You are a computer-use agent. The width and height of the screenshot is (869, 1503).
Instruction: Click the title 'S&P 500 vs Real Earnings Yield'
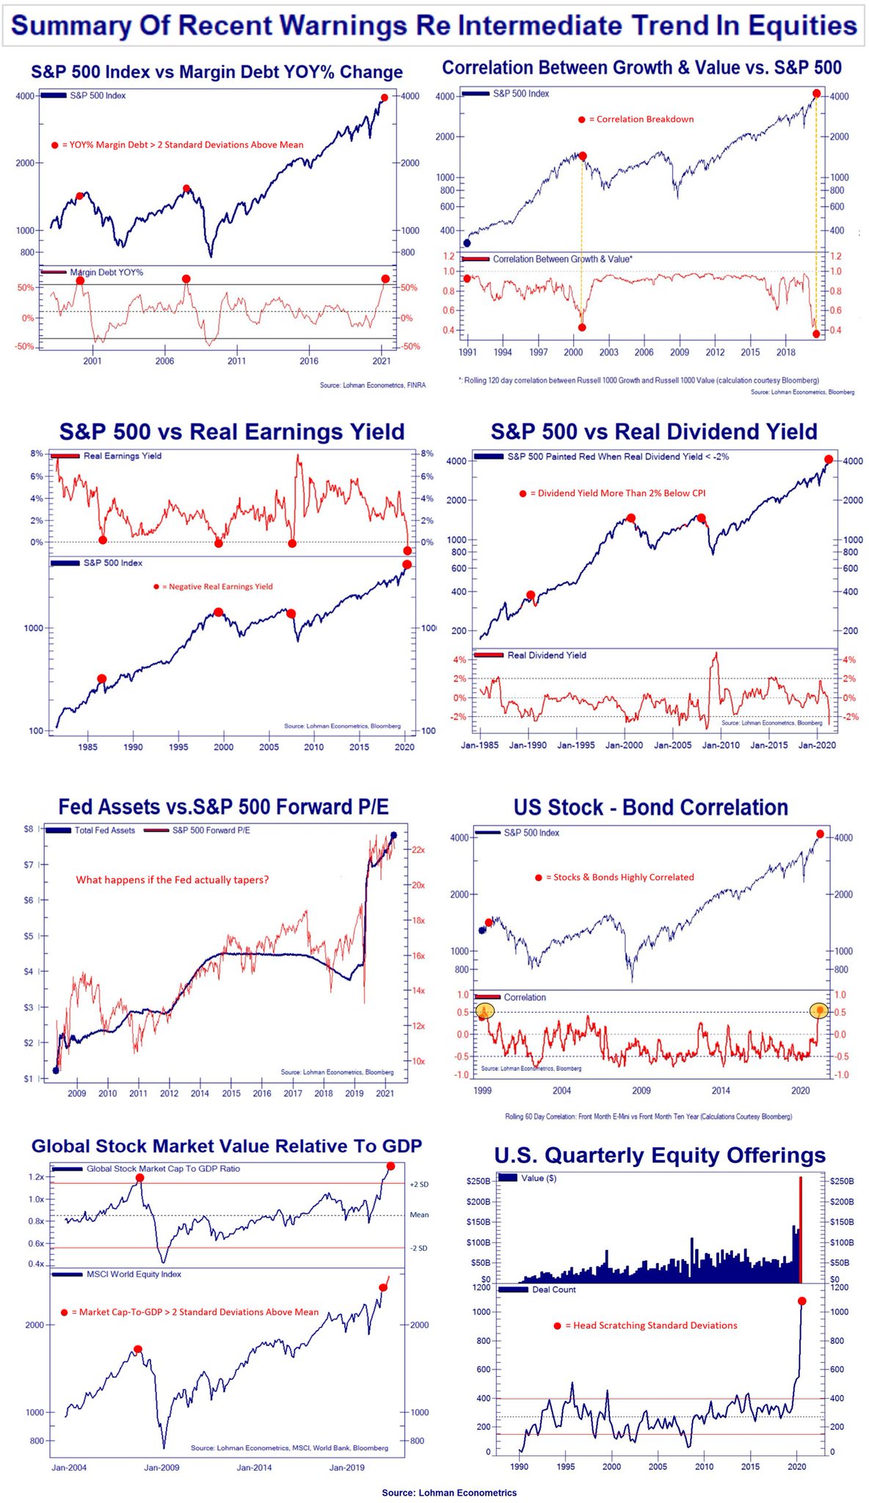[232, 432]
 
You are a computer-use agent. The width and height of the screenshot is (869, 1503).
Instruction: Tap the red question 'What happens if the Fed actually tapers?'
[172, 880]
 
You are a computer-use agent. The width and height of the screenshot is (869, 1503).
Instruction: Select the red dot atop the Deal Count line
[801, 1301]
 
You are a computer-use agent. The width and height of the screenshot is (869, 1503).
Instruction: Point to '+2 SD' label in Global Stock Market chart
[418, 1184]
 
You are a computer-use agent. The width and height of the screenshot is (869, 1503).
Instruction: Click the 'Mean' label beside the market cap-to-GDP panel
[419, 1215]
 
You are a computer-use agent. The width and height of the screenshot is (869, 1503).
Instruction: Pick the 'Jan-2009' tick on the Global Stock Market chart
[161, 1468]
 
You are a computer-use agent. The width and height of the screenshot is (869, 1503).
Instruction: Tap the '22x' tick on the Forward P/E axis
[418, 850]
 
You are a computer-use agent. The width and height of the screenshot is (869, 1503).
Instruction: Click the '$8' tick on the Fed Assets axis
[29, 829]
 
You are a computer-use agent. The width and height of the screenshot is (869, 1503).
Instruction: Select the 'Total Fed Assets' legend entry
[104, 830]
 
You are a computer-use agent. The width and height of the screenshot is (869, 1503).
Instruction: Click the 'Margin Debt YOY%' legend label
[106, 272]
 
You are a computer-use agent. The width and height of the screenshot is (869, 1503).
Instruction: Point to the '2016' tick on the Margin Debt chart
[309, 361]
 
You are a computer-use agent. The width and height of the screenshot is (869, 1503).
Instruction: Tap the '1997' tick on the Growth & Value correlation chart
[538, 352]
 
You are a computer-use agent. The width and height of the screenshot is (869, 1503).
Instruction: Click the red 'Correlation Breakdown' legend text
[644, 119]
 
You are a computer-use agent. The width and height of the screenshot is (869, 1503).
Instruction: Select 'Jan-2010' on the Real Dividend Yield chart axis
[720, 745]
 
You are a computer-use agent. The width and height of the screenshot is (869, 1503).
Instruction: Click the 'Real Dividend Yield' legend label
[547, 655]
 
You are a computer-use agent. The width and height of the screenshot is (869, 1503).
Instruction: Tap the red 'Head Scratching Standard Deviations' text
[655, 1325]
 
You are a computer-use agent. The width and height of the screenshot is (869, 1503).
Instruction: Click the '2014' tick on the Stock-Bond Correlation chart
[721, 1091]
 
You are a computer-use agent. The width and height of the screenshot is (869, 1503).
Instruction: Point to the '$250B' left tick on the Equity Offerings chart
[478, 1181]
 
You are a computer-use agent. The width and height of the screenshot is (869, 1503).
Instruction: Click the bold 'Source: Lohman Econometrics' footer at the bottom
[448, 1493]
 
